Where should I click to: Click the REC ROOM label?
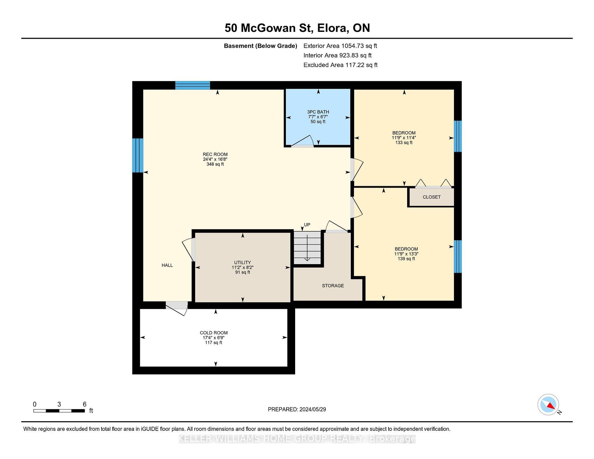pyautogui.click(x=215, y=154)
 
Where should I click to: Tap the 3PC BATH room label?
pyautogui.click(x=318, y=112)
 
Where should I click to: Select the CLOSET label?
pyautogui.click(x=432, y=197)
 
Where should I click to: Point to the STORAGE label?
pyautogui.click(x=333, y=286)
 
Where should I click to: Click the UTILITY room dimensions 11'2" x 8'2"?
pyautogui.click(x=243, y=268)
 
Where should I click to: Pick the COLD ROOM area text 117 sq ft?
pyautogui.click(x=213, y=343)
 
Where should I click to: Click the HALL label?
pyautogui.click(x=167, y=265)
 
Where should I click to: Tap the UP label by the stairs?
pyautogui.click(x=307, y=225)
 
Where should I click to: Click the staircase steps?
pyautogui.click(x=307, y=248)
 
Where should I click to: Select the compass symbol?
pyautogui.click(x=549, y=405)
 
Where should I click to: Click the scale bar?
pyautogui.click(x=59, y=411)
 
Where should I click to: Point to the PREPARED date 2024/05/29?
pyautogui.click(x=313, y=410)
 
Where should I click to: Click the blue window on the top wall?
pyautogui.click(x=193, y=85)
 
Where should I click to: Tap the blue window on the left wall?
pyautogui.click(x=138, y=155)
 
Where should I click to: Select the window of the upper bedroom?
pyautogui.click(x=458, y=136)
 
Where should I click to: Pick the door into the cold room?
pyautogui.click(x=177, y=307)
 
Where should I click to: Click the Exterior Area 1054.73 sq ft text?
pyautogui.click(x=340, y=46)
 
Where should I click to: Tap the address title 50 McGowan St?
pyautogui.click(x=268, y=28)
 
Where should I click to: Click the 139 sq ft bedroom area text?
pyautogui.click(x=406, y=259)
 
